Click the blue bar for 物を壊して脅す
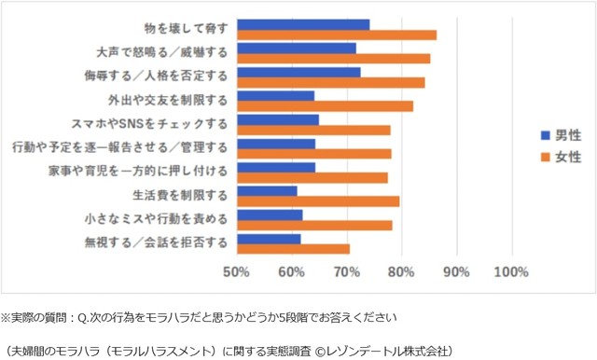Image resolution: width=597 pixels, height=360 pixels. click(303, 24)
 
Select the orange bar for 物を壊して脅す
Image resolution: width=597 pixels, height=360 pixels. click(337, 35)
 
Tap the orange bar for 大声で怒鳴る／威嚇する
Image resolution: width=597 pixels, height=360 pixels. click(334, 59)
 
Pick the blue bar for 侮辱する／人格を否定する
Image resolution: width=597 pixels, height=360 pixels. click(298, 72)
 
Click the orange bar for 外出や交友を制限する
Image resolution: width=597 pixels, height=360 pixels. click(325, 106)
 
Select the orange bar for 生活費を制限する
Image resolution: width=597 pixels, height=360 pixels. click(318, 201)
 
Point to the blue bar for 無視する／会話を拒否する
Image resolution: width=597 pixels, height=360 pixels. click(269, 238)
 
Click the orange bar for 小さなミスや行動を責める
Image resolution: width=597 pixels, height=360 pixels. click(314, 225)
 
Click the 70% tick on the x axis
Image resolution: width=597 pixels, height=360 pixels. click(346, 271)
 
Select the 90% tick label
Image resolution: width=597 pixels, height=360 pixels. click(456, 271)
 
